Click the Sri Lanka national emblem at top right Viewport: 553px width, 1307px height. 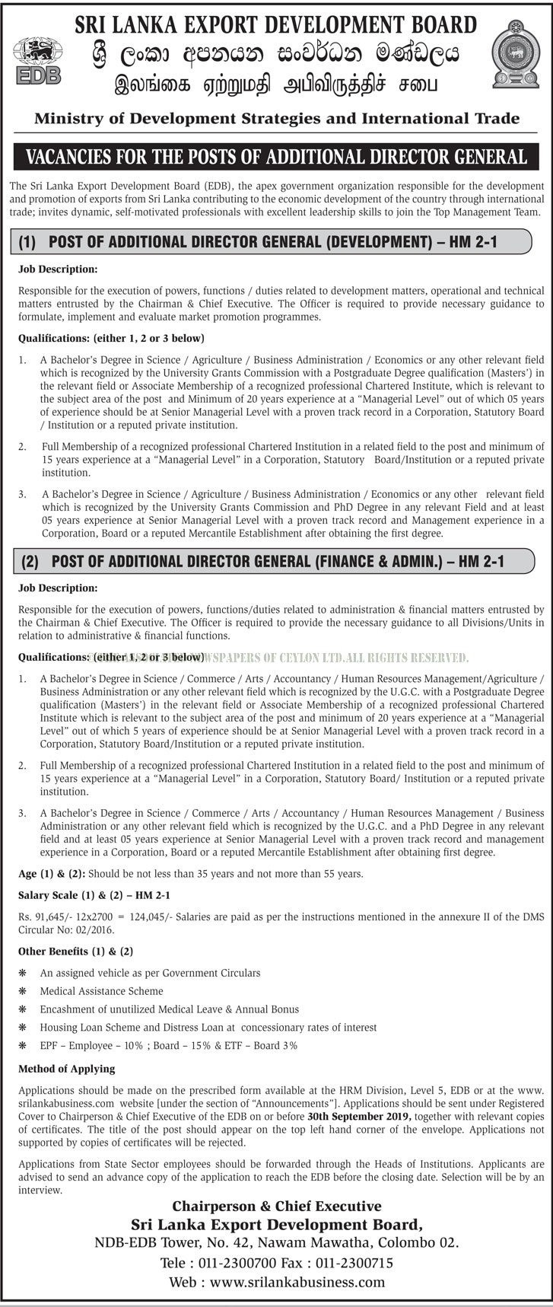(515, 54)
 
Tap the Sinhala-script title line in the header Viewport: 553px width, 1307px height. (277, 53)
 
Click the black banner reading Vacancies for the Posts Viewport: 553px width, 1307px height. (276, 157)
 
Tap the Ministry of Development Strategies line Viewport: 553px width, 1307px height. (277, 118)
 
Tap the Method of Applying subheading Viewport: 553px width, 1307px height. (66, 1068)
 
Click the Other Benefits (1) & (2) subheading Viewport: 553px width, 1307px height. (76, 952)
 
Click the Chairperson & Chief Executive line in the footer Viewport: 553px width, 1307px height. (277, 1206)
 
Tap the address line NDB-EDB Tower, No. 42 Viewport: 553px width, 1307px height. (277, 1242)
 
